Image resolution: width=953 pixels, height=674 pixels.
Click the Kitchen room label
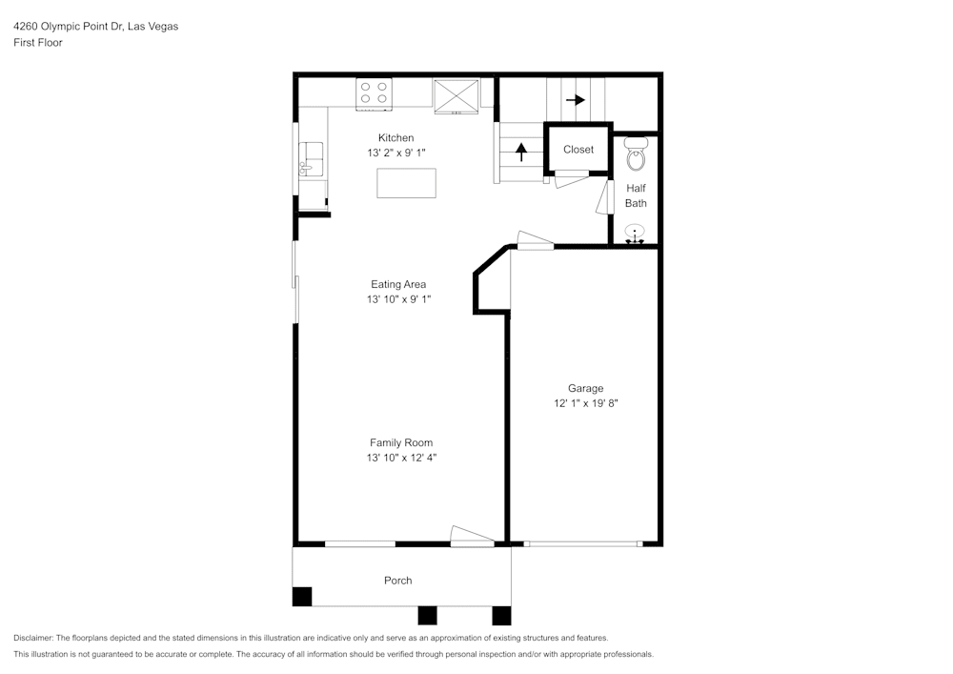pyautogui.click(x=395, y=138)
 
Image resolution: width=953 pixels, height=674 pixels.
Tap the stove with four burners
pyautogui.click(x=374, y=94)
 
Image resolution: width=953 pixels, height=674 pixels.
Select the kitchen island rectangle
pyautogui.click(x=407, y=183)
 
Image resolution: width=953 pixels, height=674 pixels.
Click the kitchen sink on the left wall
pyautogui.click(x=311, y=159)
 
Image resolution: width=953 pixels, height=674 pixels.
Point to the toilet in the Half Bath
pyautogui.click(x=636, y=153)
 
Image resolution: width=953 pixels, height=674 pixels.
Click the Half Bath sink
pyautogui.click(x=635, y=235)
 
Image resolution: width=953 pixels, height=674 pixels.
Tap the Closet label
pyautogui.click(x=578, y=150)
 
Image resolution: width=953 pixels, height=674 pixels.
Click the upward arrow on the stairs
pyautogui.click(x=521, y=152)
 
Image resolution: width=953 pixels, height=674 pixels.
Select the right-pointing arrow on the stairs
pyautogui.click(x=575, y=100)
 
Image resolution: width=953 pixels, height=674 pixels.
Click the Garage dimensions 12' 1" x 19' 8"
pyautogui.click(x=586, y=403)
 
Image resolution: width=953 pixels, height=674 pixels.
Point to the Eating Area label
pyautogui.click(x=398, y=284)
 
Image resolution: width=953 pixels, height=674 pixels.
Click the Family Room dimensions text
pyautogui.click(x=401, y=458)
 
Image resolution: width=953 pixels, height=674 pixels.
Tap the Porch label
pyautogui.click(x=398, y=581)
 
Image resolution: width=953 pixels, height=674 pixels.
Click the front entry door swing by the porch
pyautogui.click(x=472, y=535)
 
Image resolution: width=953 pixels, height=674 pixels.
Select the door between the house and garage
pyautogui.click(x=535, y=240)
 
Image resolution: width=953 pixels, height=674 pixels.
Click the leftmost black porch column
pyautogui.click(x=302, y=596)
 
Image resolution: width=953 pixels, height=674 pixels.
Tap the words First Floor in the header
pyautogui.click(x=38, y=43)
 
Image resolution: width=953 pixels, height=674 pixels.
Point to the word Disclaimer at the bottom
pyautogui.click(x=32, y=638)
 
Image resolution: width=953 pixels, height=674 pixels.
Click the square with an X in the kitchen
pyautogui.click(x=456, y=96)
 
